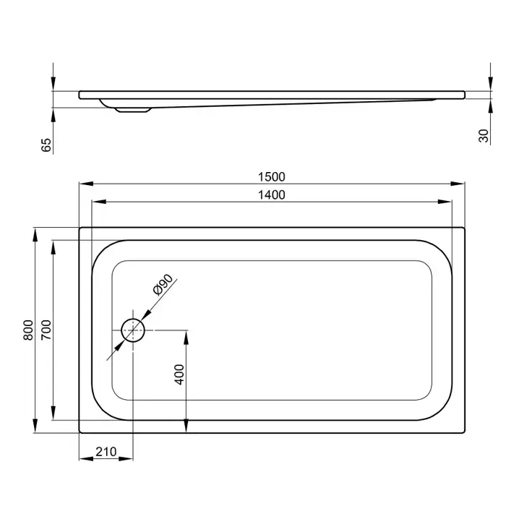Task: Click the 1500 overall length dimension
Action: (x=271, y=177)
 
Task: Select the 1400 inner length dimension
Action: (x=271, y=195)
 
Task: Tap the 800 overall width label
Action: (x=28, y=330)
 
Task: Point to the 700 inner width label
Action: (x=46, y=330)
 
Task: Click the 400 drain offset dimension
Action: (x=179, y=374)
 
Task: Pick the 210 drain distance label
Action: (x=106, y=452)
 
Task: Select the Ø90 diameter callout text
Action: (x=163, y=285)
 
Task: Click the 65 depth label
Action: (x=46, y=145)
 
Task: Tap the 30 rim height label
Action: (x=484, y=136)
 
